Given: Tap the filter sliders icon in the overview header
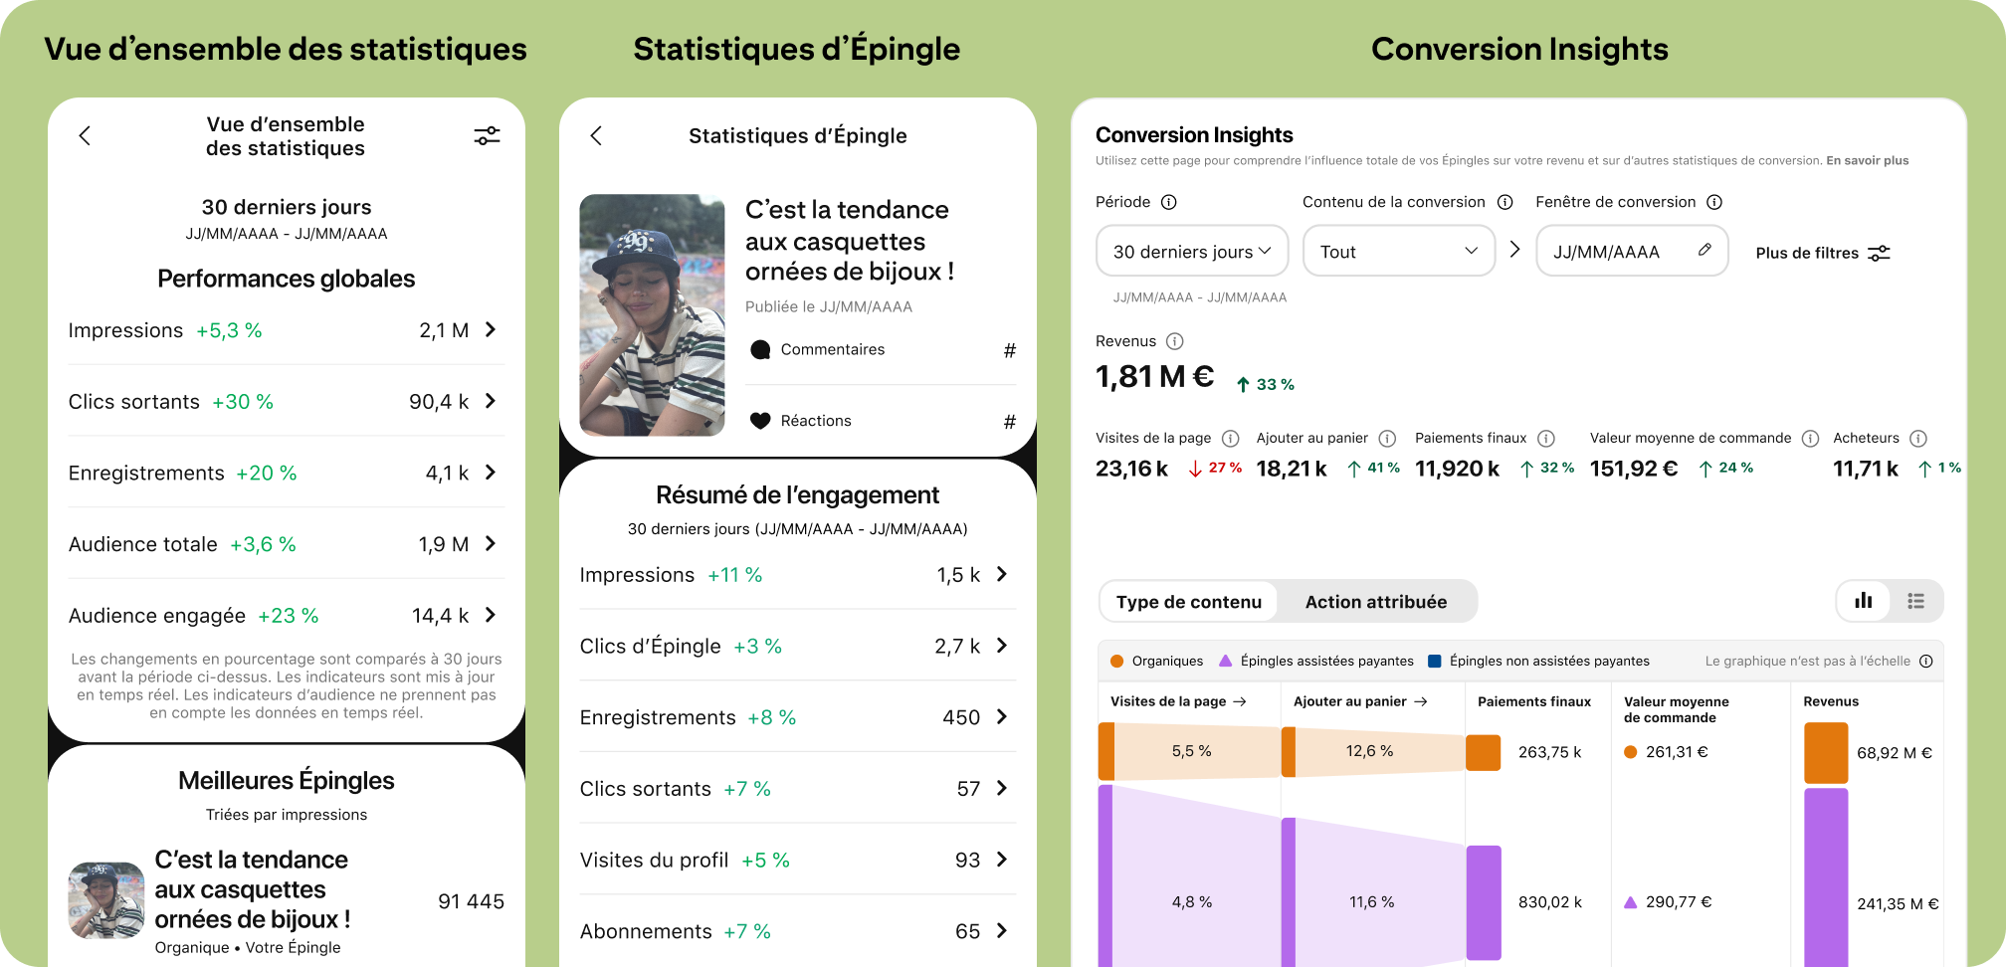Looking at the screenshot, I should [x=487, y=135].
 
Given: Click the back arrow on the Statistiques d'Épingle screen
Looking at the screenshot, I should [x=596, y=135].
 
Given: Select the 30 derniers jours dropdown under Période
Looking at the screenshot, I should [x=1191, y=252].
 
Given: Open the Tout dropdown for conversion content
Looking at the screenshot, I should [x=1398, y=252].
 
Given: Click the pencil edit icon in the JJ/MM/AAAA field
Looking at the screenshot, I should [x=1705, y=250].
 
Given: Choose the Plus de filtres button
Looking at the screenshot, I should [x=1822, y=253].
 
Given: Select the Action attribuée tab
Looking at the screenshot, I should [x=1375, y=602].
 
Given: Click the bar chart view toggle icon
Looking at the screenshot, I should [x=1864, y=601].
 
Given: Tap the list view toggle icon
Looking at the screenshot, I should [x=1915, y=601].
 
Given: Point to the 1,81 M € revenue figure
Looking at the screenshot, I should [x=1154, y=377].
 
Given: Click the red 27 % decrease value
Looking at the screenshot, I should [x=1224, y=468].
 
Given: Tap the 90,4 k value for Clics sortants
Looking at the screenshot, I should [x=439, y=402].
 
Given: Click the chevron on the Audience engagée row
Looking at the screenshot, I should [x=491, y=615].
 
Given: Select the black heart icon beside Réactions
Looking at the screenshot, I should [x=760, y=421].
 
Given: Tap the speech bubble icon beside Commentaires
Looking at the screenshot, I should [x=760, y=349].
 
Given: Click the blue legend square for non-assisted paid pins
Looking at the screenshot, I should [x=1435, y=661].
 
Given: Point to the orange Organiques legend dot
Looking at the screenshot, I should [x=1116, y=661].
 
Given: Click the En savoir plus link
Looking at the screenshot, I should [x=1867, y=160].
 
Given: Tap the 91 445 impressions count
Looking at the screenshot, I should [x=471, y=901].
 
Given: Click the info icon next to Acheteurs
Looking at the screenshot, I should [x=1918, y=438].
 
